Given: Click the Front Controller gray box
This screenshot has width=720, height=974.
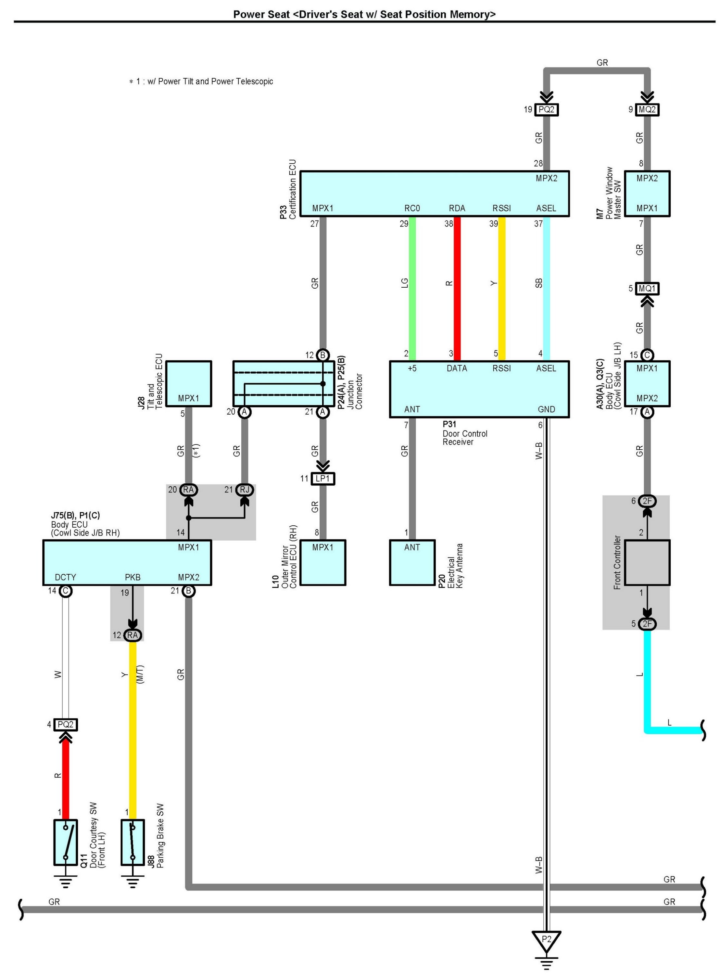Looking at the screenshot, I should pos(647,562).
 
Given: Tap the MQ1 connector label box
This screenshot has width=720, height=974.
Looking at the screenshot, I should pos(647,288).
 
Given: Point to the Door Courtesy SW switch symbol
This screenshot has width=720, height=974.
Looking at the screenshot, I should pos(65,842).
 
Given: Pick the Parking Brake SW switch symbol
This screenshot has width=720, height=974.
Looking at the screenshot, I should pos(133,842).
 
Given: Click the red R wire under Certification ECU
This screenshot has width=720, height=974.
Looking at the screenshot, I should pos(457,288).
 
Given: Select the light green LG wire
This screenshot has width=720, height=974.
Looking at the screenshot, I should pos(412,288).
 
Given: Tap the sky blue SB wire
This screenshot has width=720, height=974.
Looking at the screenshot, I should pos(547,288).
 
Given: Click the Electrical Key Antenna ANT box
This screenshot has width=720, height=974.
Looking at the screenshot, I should pos(412,562).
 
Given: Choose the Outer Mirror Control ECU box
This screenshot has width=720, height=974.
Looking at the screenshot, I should pos(322,562).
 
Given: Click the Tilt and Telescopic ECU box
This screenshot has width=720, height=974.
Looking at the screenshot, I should pos(188,383).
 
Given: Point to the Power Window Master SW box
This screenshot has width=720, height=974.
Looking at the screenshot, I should pos(647,194).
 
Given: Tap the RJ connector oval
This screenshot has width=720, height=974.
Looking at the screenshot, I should pos(245,490).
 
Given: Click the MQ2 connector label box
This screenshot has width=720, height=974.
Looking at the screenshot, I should pos(647,109).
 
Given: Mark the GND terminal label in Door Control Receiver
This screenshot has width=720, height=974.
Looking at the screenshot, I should pos(546,409).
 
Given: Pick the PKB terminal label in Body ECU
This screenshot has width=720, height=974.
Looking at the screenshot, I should pos(133,577).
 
